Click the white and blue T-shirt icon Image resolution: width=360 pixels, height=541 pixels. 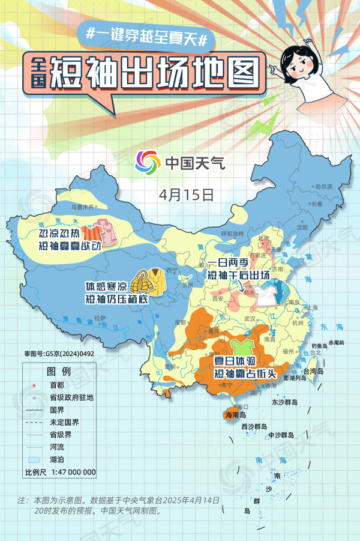[x=266, y=293]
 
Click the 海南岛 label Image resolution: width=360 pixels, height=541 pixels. [x=235, y=415]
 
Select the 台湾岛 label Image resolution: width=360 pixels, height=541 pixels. [x=313, y=372]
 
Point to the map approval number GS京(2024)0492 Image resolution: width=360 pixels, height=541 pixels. [x=59, y=354]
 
